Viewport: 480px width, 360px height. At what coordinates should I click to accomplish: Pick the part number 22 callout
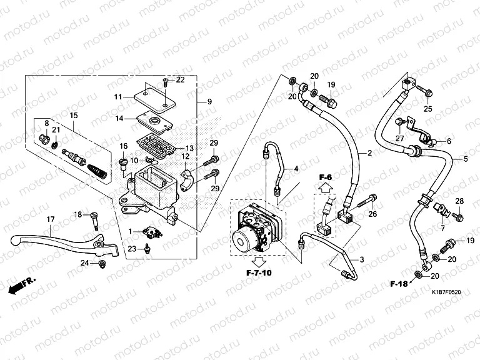pyautogui.click(x=180, y=80)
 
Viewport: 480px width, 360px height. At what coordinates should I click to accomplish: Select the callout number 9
pyautogui.click(x=209, y=101)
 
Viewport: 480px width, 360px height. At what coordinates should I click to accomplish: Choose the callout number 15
pyautogui.click(x=73, y=116)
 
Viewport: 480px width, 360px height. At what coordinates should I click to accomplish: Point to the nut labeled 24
pyautogui.click(x=102, y=265)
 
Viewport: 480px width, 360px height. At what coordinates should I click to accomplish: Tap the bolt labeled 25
pyautogui.click(x=424, y=92)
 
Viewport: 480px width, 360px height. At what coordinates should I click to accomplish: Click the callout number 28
pyautogui.click(x=459, y=201)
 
